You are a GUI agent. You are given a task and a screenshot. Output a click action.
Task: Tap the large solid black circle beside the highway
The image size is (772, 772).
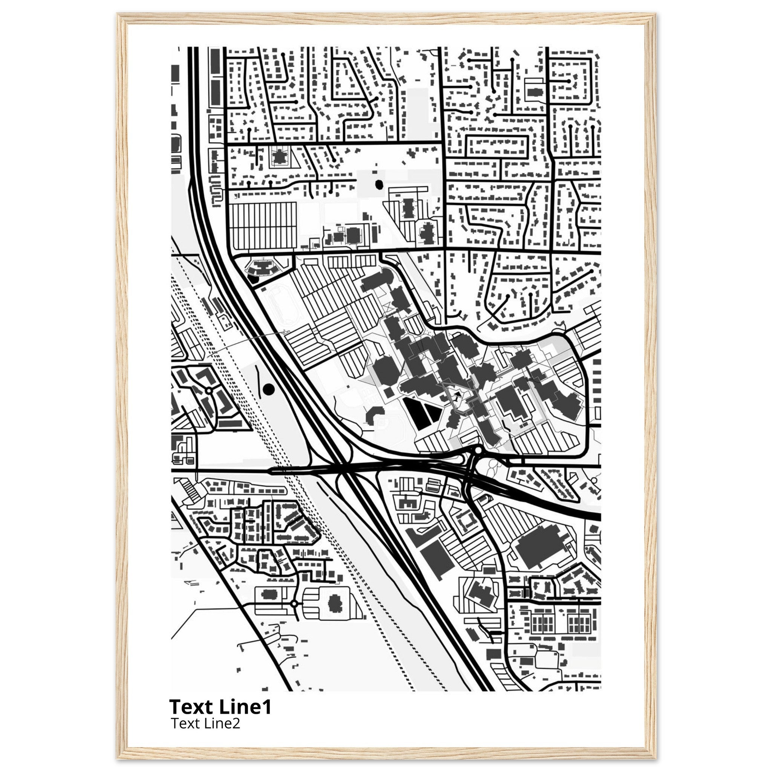pos(269,388)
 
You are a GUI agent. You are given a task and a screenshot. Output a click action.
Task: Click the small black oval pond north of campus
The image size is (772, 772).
pos(378,185)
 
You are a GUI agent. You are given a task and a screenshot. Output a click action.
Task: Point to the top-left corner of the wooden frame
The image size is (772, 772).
pos(118,15)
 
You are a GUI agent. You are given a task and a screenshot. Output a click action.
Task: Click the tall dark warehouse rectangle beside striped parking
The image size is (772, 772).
pos(435,558)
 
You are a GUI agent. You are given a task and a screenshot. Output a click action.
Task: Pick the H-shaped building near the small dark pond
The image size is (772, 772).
pos(407,208)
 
